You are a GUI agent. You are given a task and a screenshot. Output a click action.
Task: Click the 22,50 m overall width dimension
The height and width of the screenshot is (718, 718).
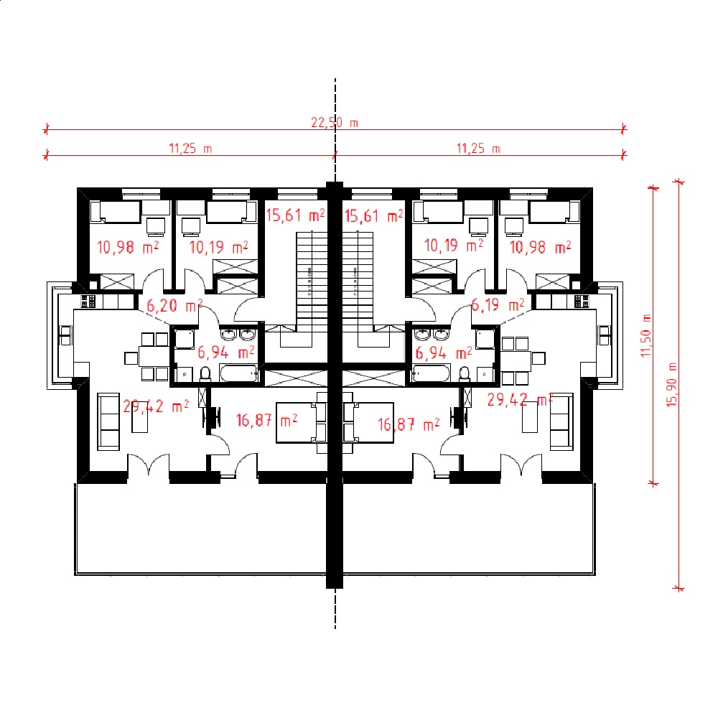pos(335,123)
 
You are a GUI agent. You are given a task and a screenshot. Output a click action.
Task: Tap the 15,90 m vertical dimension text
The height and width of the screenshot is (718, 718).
pos(671,385)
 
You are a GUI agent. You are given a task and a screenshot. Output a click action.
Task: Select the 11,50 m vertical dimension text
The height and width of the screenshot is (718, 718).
pos(645,335)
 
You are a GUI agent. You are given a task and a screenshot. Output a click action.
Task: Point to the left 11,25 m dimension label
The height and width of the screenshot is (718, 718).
pos(190,149)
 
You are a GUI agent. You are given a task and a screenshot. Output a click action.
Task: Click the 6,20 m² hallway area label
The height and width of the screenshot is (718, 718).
pos(174,305)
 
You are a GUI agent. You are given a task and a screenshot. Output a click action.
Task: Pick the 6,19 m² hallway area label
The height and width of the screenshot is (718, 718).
pos(498,304)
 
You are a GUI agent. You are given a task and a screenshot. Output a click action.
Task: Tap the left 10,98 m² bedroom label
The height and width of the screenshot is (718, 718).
pos(128,247)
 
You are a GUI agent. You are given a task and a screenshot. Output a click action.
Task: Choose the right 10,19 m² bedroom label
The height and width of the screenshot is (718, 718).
pos(453,246)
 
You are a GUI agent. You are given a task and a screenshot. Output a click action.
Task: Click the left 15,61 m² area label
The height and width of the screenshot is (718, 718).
pos(295,215)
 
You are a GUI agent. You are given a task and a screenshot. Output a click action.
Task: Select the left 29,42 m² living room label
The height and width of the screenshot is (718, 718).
pos(156,406)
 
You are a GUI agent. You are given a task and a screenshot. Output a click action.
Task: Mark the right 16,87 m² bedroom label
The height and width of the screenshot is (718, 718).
pos(409,424)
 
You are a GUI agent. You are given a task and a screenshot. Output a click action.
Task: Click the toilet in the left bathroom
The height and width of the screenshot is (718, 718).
pos(205,374)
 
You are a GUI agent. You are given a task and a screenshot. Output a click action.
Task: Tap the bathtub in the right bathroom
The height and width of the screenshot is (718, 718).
pos(431,373)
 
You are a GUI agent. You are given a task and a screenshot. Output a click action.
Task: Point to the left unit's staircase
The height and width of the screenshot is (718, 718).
pos(312,283)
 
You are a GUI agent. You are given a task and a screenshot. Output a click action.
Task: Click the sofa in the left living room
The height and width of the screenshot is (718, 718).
pos(108,421)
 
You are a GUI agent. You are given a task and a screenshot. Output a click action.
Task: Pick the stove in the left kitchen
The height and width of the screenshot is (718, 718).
pos(88,302)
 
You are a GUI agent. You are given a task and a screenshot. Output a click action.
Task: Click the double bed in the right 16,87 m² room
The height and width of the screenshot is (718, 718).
pos(368,422)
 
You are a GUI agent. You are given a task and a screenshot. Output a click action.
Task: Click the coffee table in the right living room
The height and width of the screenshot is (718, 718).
pos(530,417)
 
